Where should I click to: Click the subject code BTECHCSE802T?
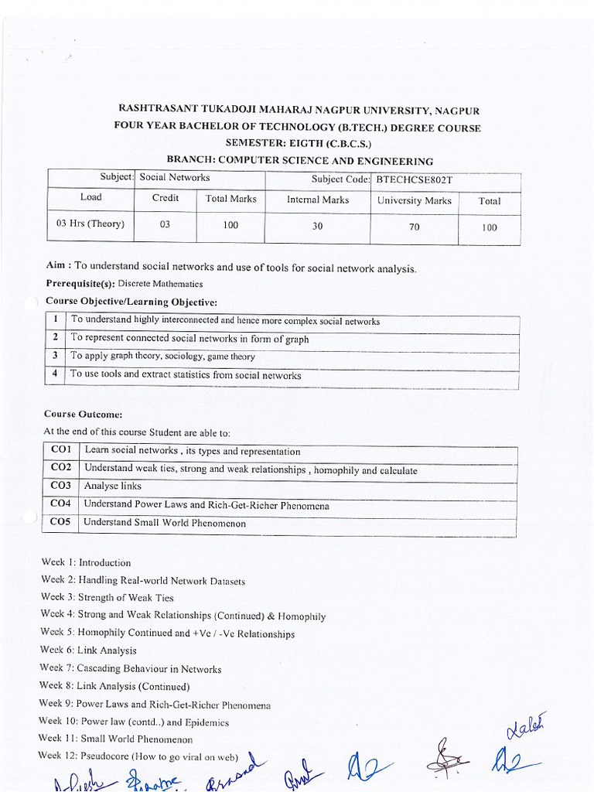pos(413,179)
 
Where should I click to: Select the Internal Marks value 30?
pos(317,227)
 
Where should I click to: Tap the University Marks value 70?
pos(414,227)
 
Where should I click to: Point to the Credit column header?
pos(165,198)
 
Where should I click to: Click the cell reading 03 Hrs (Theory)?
pos(90,224)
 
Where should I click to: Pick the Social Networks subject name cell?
pos(175,177)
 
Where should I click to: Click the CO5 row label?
pos(60,521)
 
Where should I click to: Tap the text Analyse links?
pos(113,486)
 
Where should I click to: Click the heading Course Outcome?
pos(84,415)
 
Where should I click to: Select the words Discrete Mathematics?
pos(160,284)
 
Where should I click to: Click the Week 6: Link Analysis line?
pos(88,650)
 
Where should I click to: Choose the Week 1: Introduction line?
pos(86,562)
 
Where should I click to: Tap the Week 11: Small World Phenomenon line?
pos(115,739)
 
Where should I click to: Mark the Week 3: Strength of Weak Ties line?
pos(108,597)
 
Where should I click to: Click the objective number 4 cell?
pos(56,374)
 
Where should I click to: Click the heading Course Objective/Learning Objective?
pos(131,301)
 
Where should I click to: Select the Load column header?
pos(90,197)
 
